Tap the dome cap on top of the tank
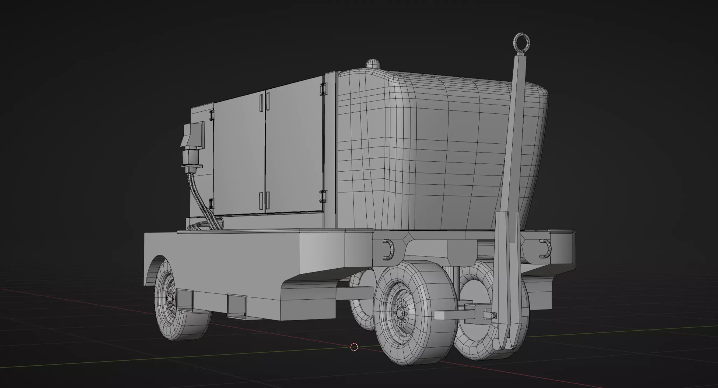[x=373, y=64]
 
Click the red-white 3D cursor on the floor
[x=354, y=347]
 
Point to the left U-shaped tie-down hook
[x=388, y=249]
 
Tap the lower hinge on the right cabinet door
[x=323, y=196]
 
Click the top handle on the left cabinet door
[x=261, y=102]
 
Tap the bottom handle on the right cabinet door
[x=268, y=200]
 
